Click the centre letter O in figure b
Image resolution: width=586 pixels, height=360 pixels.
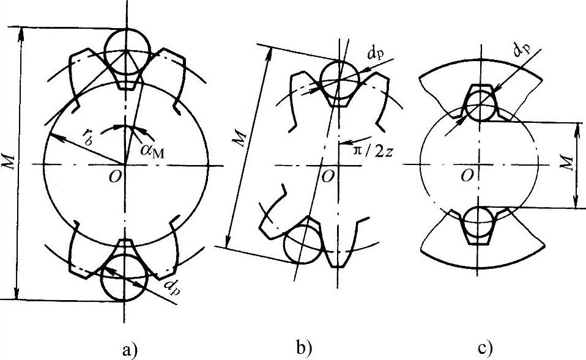coord(328,177)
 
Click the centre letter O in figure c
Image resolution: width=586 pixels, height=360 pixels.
coord(468,175)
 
